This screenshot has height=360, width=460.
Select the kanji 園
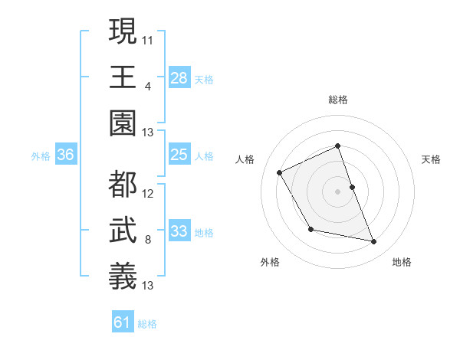(123, 123)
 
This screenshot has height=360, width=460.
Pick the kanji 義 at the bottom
(123, 276)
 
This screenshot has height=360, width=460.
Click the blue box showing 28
(179, 77)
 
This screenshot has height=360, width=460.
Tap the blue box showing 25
(179, 155)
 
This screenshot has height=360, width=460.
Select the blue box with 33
(179, 231)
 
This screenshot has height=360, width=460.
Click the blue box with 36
(66, 155)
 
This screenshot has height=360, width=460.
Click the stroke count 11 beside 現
(148, 39)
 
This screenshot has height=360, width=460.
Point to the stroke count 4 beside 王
(147, 86)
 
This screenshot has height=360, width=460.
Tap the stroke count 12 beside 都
(148, 193)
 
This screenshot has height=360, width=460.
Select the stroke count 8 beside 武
(147, 240)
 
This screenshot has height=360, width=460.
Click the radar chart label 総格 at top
(337, 100)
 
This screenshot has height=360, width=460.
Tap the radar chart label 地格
(402, 262)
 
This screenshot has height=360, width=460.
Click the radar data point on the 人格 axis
(280, 172)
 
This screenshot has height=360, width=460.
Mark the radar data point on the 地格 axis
(374, 242)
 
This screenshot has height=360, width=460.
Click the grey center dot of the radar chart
(337, 191)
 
